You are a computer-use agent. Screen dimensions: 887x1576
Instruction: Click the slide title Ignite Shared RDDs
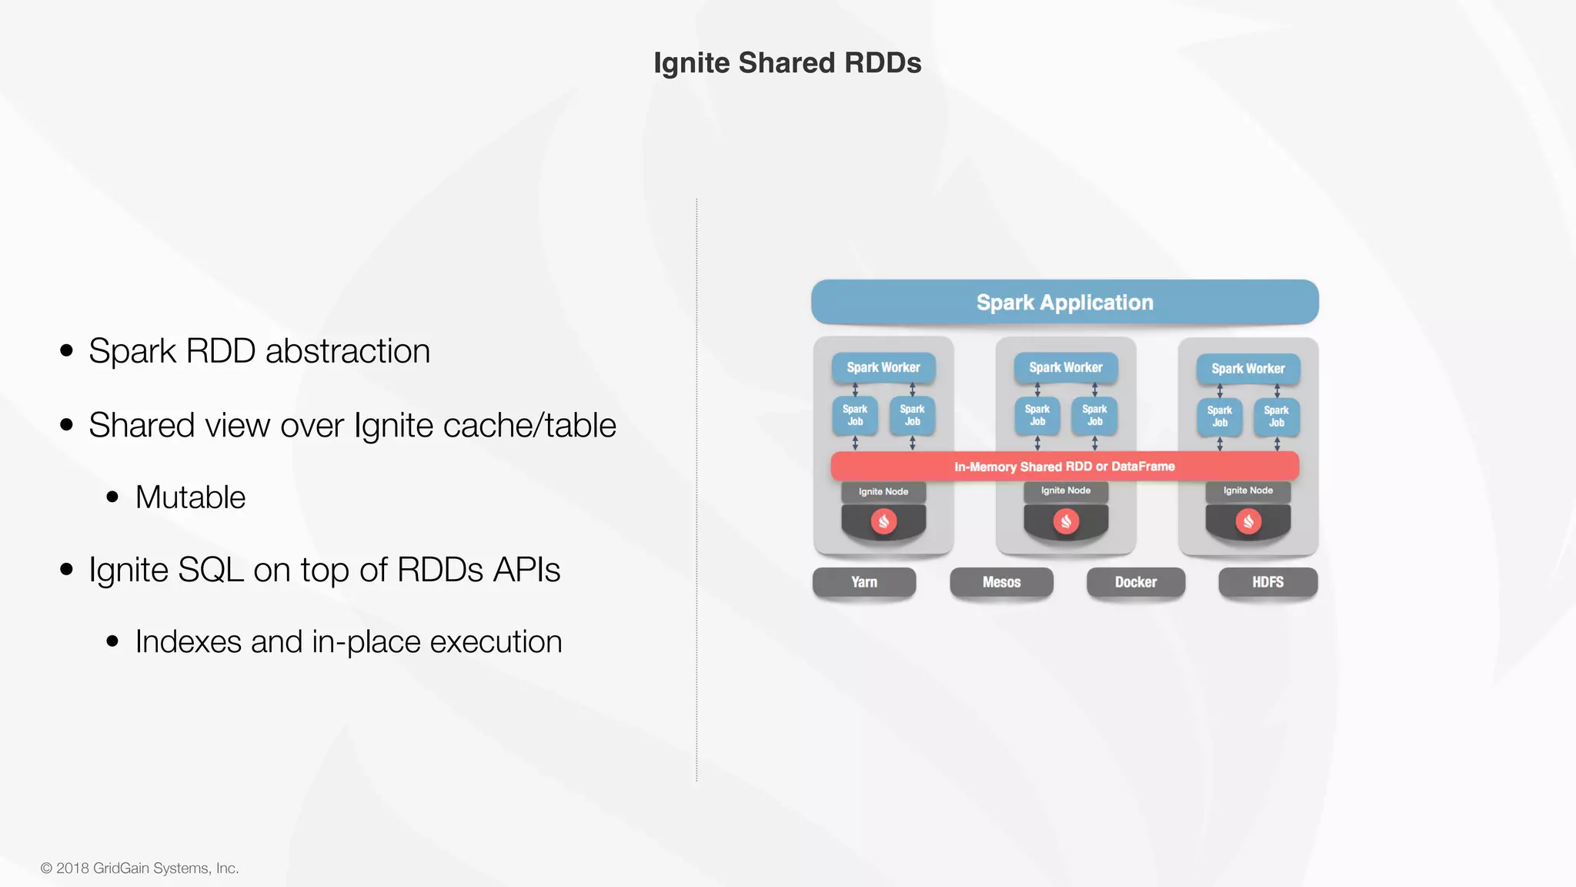click(787, 63)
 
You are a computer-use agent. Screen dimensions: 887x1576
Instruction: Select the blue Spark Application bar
click(1064, 302)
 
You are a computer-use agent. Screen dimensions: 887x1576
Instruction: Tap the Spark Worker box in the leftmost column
click(883, 368)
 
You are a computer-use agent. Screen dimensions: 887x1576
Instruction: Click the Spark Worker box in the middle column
click(1065, 368)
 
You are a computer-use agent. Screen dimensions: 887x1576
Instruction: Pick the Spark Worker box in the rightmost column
click(1247, 369)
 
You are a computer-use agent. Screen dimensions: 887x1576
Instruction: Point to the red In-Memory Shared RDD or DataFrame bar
click(1064, 466)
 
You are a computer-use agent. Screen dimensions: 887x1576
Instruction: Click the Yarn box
click(863, 582)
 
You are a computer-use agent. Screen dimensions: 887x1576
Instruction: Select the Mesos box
click(1001, 582)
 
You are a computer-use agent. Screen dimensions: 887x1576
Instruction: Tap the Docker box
click(1135, 582)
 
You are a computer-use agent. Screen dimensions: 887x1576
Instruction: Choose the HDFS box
click(1267, 582)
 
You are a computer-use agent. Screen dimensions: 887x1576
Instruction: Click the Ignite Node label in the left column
click(883, 491)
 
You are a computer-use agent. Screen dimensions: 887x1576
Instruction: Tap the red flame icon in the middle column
click(1066, 522)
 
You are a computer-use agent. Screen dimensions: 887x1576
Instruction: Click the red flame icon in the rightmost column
click(1248, 522)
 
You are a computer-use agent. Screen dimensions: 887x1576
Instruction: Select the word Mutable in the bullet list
click(190, 497)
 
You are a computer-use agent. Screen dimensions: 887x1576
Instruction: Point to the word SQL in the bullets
click(210, 571)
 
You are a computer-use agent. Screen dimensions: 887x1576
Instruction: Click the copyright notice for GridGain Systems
click(140, 868)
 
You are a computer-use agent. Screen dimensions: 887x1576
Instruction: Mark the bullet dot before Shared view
click(67, 424)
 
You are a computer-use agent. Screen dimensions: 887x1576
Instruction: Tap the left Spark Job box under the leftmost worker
click(854, 416)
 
